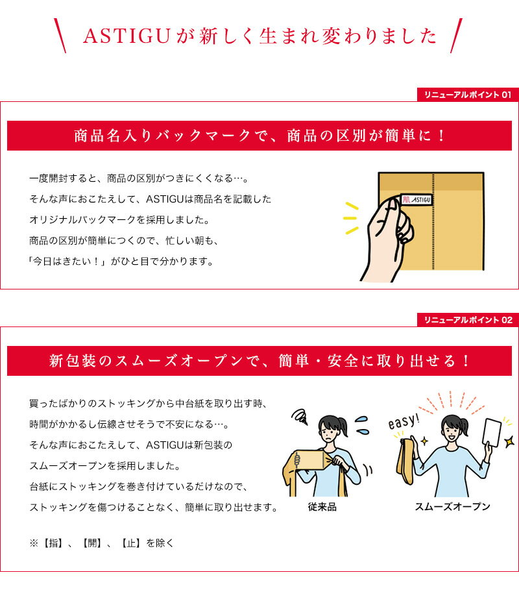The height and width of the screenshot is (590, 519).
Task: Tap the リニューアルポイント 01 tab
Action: click(468, 95)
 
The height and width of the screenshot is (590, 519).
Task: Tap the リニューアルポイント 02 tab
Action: click(468, 320)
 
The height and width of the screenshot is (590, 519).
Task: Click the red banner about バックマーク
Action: click(259, 136)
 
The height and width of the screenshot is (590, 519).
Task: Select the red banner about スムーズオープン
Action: click(259, 361)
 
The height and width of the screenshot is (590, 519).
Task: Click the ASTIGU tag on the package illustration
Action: click(416, 199)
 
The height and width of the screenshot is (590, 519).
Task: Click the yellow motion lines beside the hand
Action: click(351, 218)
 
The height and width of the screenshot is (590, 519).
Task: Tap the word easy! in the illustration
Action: click(404, 421)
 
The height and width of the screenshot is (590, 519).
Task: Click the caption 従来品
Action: click(322, 507)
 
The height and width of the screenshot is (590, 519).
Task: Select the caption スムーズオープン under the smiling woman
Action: click(452, 506)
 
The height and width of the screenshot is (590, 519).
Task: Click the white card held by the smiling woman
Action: click(492, 432)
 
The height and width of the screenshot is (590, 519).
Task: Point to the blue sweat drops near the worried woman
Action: click(362, 425)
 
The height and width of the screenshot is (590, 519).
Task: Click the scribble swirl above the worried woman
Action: click(300, 417)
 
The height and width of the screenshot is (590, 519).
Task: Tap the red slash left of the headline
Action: click(60, 35)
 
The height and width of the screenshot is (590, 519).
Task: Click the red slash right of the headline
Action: click(456, 35)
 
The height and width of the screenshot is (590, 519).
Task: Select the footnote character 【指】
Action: click(53, 543)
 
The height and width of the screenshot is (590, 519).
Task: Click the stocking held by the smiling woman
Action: click(405, 461)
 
